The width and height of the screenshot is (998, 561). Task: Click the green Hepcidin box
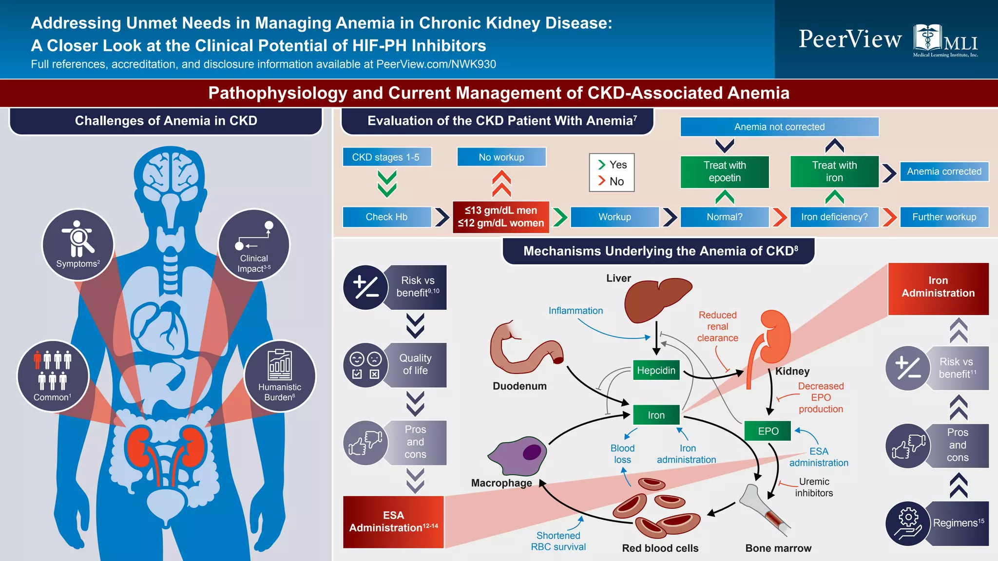[x=656, y=370]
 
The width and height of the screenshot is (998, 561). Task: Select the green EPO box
[x=768, y=431]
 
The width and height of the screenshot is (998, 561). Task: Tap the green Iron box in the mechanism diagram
[x=656, y=415]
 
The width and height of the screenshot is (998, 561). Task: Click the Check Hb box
[x=386, y=217]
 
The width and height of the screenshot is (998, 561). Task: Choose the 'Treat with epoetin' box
[x=725, y=171]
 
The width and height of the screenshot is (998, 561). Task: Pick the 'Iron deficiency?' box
[x=834, y=217]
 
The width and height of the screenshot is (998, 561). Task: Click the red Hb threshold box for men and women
[x=501, y=217]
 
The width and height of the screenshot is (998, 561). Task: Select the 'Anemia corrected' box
[x=944, y=171]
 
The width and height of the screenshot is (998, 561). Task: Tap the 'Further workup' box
[x=944, y=217]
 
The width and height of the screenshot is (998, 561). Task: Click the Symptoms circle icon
[x=78, y=244]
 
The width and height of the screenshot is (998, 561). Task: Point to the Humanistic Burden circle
[x=280, y=376]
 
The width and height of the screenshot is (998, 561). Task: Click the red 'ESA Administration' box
[x=393, y=522]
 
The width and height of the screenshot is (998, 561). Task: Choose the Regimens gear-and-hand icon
[x=908, y=524]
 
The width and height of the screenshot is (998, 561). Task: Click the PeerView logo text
[x=850, y=39]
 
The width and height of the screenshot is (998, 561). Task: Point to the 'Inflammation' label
[x=576, y=311]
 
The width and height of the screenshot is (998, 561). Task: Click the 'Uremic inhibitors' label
[x=814, y=487]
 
